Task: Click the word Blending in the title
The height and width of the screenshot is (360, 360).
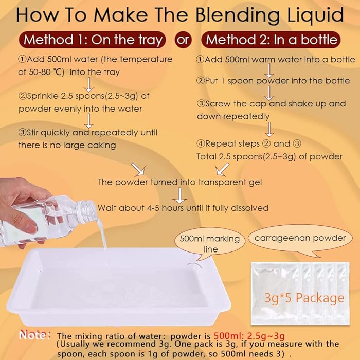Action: click(237, 15)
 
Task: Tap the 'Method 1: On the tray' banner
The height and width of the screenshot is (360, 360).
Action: click(92, 40)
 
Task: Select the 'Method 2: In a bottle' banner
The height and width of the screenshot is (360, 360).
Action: click(271, 40)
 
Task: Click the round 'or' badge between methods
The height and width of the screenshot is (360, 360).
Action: click(183, 40)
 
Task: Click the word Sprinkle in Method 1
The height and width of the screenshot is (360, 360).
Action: click(43, 96)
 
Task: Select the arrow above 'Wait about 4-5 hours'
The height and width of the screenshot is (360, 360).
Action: click(179, 195)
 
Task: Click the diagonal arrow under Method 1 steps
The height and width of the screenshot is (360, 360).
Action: click(138, 169)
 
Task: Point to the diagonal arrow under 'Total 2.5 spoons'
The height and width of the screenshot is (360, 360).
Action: click(222, 169)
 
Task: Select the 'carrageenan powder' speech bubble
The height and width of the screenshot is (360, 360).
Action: click(300, 239)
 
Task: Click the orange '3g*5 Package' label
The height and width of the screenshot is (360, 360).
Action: click(304, 298)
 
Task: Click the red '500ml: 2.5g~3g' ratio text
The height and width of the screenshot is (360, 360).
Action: click(249, 336)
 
